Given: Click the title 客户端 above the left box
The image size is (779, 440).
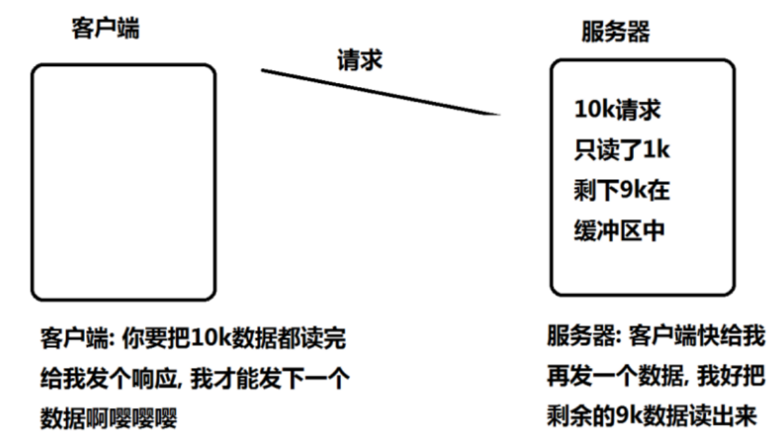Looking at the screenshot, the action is pyautogui.click(x=105, y=29).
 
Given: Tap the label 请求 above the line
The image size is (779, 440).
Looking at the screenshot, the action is pyautogui.click(x=359, y=61).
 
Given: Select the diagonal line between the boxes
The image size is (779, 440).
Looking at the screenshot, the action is pyautogui.click(x=381, y=92).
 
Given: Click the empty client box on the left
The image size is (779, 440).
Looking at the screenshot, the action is pyautogui.click(x=123, y=182).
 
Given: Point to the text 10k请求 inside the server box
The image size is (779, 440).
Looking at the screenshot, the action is pyautogui.click(x=617, y=110).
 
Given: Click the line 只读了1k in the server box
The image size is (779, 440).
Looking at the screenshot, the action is pyautogui.click(x=622, y=150).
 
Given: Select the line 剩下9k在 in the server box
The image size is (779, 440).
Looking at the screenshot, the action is pyautogui.click(x=622, y=191).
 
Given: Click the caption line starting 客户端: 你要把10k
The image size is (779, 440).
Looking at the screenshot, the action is pyautogui.click(x=192, y=339).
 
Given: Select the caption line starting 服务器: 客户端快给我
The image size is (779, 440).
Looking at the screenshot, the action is pyautogui.click(x=655, y=337).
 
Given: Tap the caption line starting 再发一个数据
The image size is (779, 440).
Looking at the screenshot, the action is pyautogui.click(x=655, y=377).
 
